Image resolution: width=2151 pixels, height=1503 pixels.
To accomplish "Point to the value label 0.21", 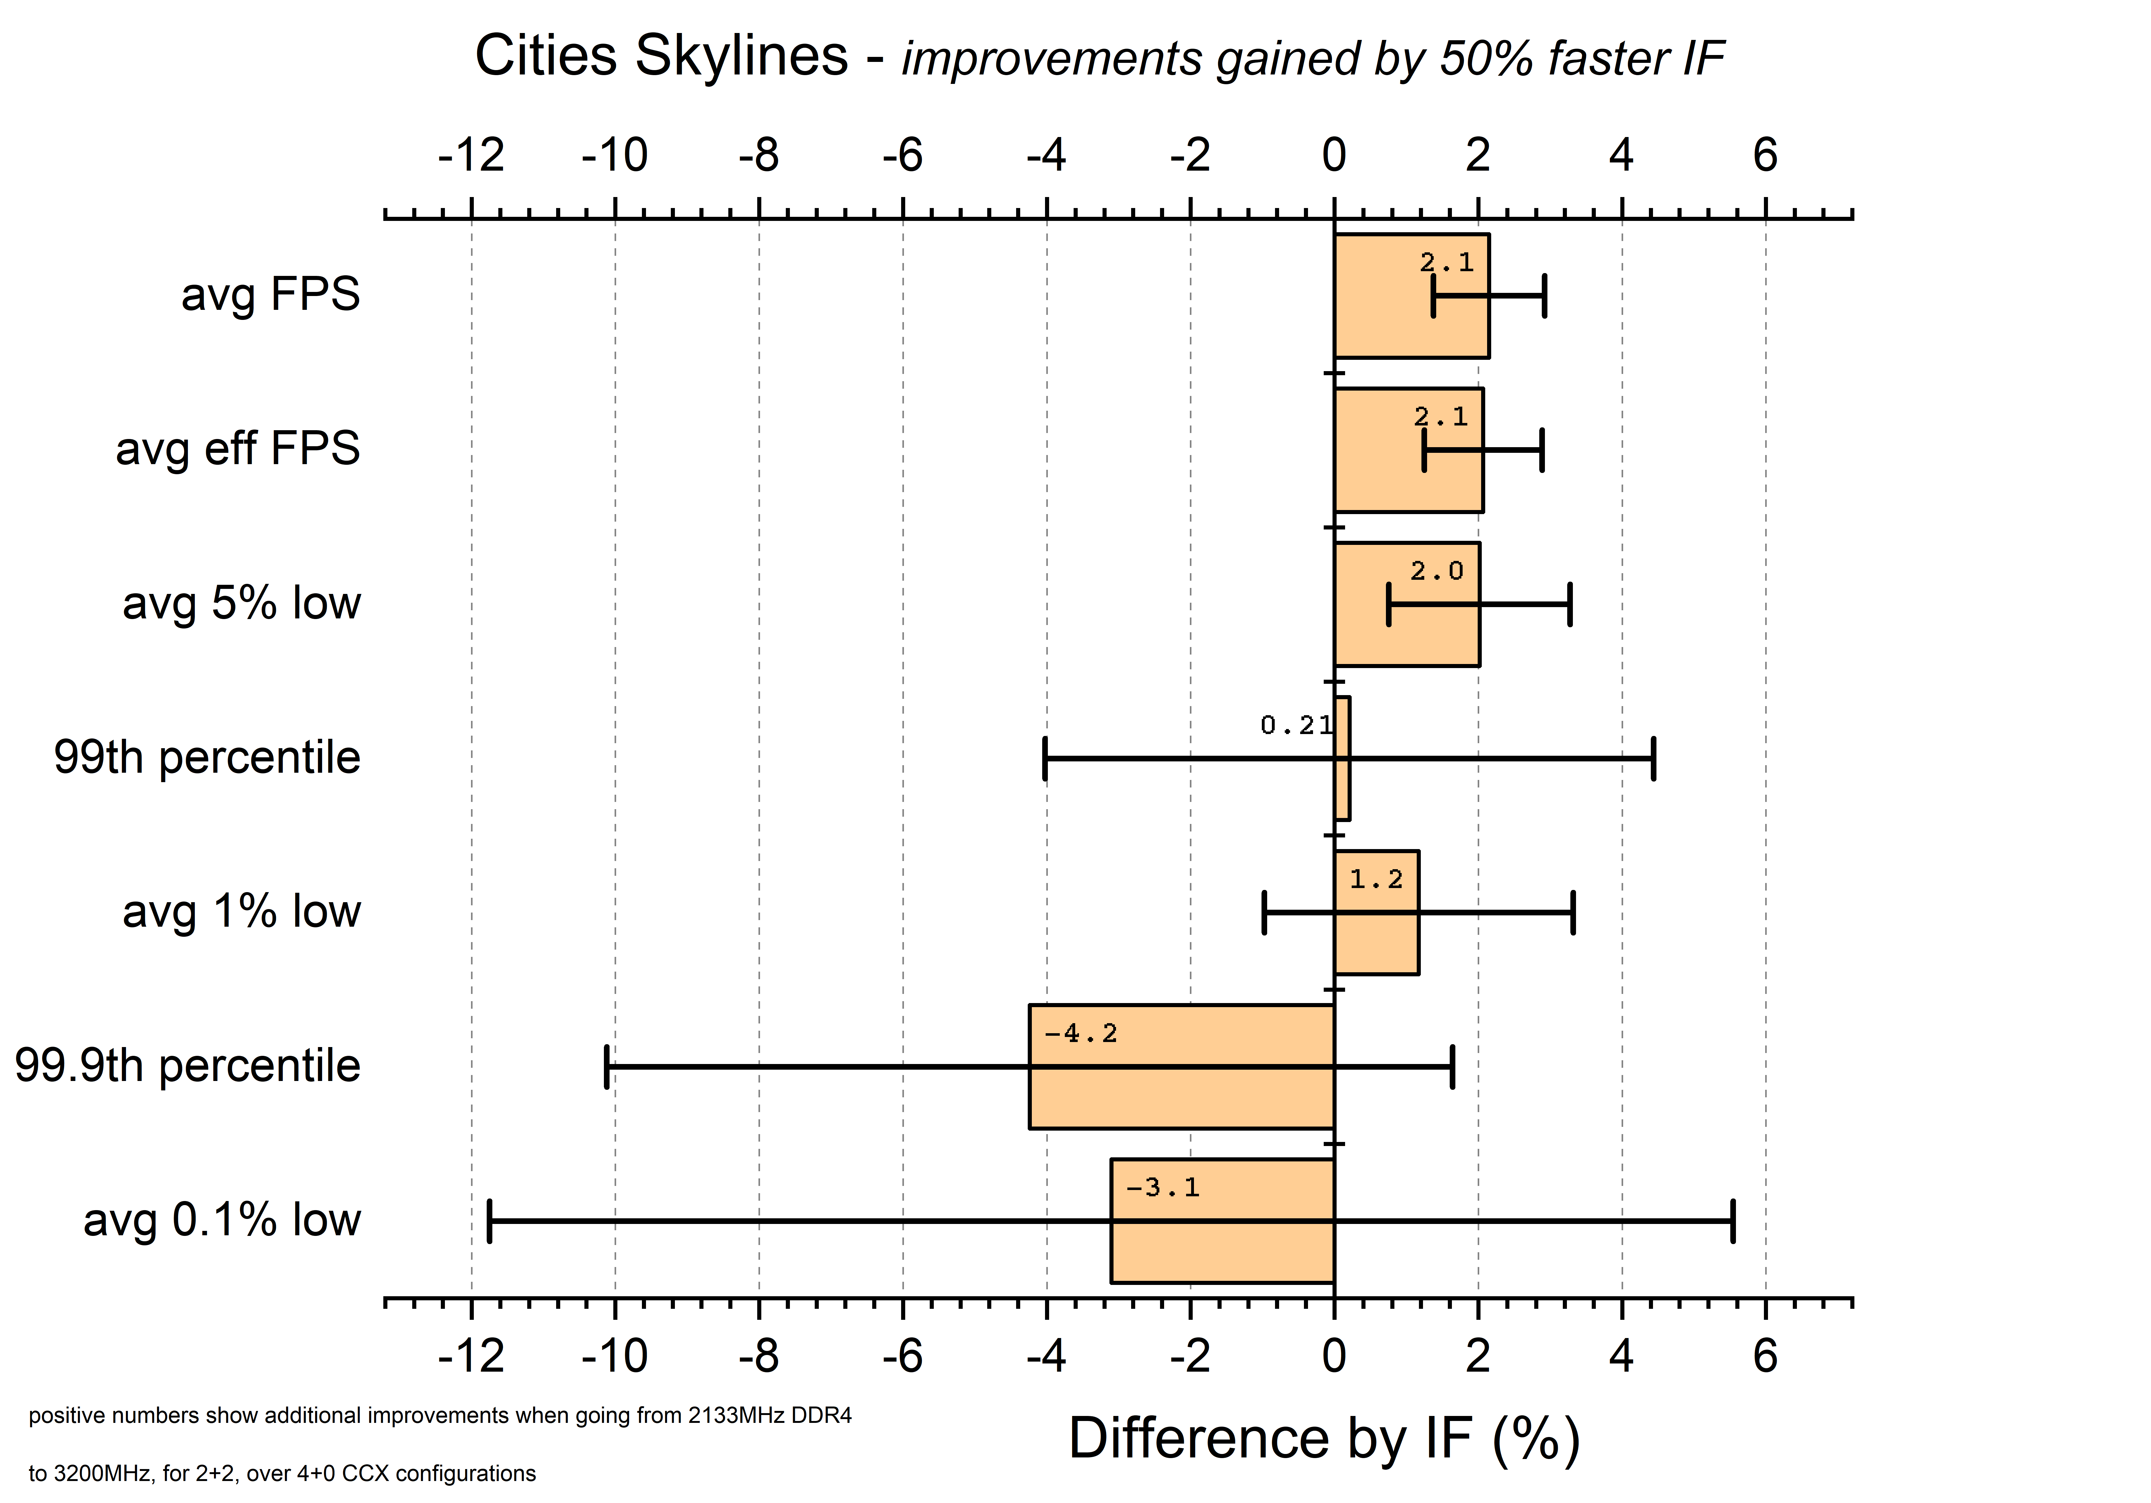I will pos(1296,725).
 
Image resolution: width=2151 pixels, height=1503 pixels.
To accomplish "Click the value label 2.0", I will pos(1436,571).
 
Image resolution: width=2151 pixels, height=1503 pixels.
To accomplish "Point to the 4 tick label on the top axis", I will pos(1622,156).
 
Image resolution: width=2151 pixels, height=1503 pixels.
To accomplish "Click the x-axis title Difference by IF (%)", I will pos(1324,1439).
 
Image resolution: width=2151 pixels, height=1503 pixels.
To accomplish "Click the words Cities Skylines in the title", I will pos(661,56).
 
